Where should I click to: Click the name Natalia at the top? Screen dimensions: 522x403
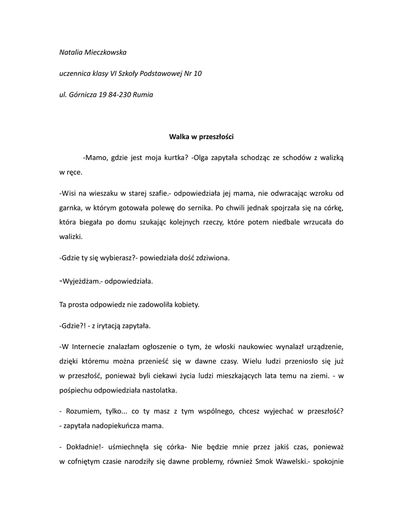coord(71,52)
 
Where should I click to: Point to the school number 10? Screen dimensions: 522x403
coord(198,73)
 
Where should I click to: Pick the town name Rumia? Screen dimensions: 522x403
coord(143,94)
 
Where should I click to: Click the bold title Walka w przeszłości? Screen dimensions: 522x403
coord(201,136)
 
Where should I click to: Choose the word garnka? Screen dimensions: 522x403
coord(69,208)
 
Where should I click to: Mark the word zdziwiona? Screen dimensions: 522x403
coord(211,257)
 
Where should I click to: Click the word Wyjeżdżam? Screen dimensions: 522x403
coord(81,281)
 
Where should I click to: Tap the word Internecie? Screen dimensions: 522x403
coord(89,348)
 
